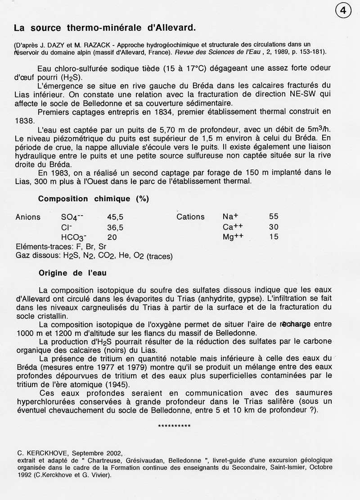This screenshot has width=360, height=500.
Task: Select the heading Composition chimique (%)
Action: (94, 198)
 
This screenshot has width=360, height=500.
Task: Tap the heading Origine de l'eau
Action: (72, 273)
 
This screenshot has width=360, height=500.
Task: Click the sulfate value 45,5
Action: (116, 216)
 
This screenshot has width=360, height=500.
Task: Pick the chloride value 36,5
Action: (116, 227)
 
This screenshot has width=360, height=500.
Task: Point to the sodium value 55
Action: (274, 216)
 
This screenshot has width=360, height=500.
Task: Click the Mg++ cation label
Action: (233, 237)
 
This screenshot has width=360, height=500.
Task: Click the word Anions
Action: (28, 216)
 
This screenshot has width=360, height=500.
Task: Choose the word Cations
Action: (190, 216)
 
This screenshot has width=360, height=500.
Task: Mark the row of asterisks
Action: (175, 426)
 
